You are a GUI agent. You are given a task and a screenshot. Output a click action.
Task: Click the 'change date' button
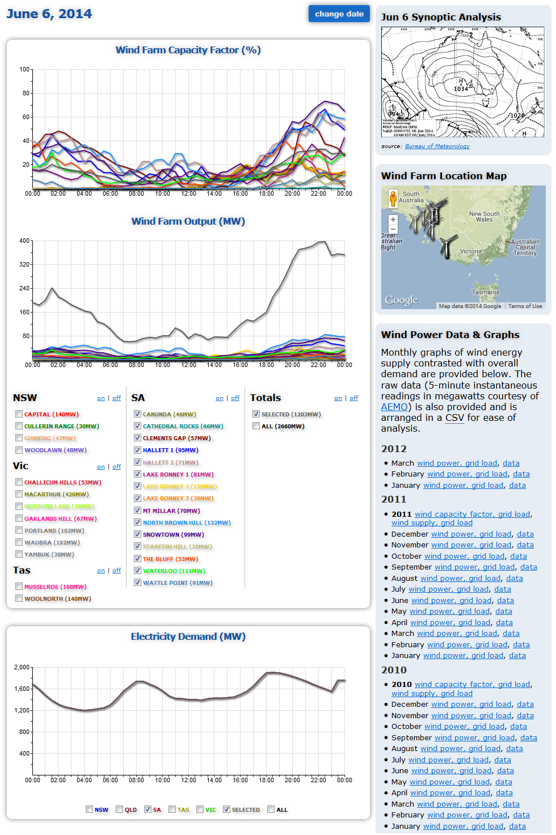tap(339, 14)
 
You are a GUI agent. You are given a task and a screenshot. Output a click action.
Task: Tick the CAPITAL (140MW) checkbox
tap(19, 414)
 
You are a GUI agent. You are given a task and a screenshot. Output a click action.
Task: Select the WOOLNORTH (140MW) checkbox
tap(19, 598)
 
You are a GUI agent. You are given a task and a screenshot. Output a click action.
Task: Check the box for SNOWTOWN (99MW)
tap(137, 534)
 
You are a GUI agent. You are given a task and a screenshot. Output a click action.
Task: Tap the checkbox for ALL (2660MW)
tap(256, 426)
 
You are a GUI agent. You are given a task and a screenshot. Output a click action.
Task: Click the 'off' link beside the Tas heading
tap(116, 571)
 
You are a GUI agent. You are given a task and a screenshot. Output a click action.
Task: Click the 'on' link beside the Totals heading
tap(338, 398)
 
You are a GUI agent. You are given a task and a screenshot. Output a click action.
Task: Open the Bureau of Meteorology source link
tap(437, 146)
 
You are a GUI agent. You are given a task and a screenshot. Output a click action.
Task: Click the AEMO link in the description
tap(394, 407)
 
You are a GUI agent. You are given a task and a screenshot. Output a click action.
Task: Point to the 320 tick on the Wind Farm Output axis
tap(24, 264)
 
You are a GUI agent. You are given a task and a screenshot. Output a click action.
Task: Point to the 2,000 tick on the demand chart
tap(22, 667)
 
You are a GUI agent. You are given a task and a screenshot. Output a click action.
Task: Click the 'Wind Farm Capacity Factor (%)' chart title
tap(188, 50)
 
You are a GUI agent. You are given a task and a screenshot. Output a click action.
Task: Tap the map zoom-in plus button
tap(393, 220)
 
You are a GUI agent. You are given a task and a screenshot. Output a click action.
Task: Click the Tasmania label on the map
tap(485, 292)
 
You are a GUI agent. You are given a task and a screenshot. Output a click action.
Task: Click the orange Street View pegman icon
tap(393, 198)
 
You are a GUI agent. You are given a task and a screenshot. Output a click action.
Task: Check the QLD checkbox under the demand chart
tap(119, 809)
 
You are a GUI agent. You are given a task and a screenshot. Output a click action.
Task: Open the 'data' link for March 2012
tap(511, 463)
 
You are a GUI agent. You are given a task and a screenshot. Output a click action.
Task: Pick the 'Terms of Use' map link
tap(525, 306)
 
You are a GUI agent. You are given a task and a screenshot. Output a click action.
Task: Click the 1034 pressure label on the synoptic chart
tap(461, 89)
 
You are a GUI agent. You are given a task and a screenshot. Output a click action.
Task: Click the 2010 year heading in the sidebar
tap(394, 670)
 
